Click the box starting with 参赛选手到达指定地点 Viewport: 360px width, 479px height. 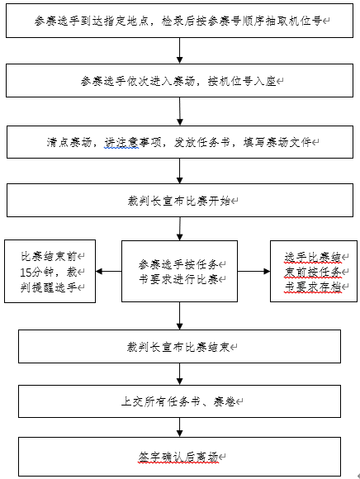coord(179,21)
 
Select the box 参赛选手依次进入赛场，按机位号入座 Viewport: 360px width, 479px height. coord(179,81)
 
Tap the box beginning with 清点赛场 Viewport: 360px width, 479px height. coord(180,142)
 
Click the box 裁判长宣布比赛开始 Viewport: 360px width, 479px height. coord(180,201)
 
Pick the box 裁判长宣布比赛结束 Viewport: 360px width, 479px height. coord(179,346)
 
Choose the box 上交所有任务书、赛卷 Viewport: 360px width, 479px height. coord(179,401)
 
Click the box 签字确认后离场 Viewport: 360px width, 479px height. coord(179,457)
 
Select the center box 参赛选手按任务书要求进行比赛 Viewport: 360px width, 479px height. coord(179,271)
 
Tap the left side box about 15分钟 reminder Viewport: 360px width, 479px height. coord(50,271)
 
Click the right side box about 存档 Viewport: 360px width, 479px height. coord(314,271)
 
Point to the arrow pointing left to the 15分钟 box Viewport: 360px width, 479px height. coord(109,271)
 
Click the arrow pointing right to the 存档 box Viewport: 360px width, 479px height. coord(253,271)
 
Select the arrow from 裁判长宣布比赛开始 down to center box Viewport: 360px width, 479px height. coord(180,229)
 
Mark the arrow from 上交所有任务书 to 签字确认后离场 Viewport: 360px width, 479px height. coord(179,427)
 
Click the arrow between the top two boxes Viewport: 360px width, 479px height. coord(179,50)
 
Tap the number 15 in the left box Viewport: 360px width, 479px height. coord(26,273)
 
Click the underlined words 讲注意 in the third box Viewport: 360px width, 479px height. coord(122,142)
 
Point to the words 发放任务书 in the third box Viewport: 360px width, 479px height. coord(202,142)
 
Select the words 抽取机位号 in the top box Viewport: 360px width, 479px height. coord(294,21)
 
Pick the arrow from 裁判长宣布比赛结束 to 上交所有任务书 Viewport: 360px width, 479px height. coord(179,374)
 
